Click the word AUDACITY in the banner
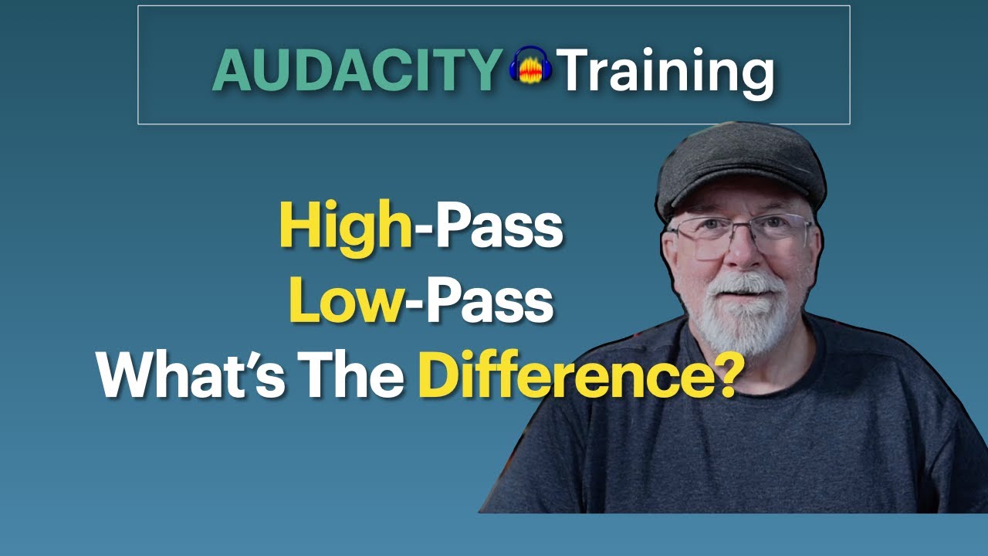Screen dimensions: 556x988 click(x=357, y=70)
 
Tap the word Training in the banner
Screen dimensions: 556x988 click(x=665, y=72)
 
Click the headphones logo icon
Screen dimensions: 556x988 click(x=530, y=66)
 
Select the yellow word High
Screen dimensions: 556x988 click(x=347, y=229)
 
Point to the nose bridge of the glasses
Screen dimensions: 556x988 click(x=739, y=229)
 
